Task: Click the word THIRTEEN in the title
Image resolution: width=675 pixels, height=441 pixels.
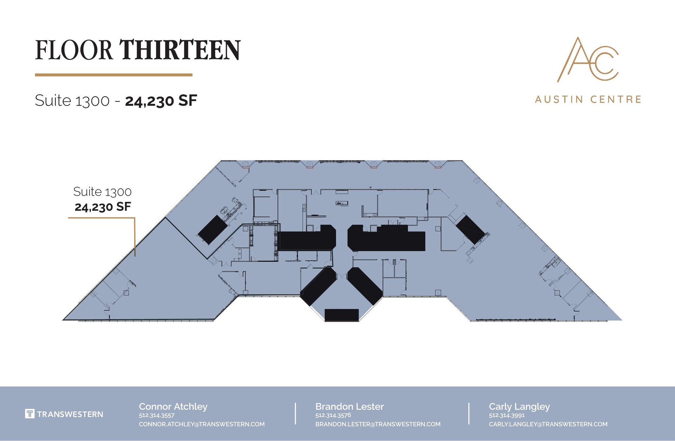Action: click(x=180, y=50)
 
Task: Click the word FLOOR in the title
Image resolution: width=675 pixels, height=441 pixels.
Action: click(x=74, y=50)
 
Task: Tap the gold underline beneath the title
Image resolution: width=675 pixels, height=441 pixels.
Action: click(x=113, y=75)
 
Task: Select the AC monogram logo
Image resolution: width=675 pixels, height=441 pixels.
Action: click(x=588, y=60)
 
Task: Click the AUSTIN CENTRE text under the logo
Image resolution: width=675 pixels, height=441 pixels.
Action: click(x=588, y=99)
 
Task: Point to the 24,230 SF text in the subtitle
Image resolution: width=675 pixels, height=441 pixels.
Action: click(x=161, y=101)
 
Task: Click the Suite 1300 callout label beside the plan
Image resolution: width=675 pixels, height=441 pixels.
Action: click(x=103, y=192)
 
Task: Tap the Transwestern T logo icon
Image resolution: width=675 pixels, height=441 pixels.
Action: click(x=30, y=414)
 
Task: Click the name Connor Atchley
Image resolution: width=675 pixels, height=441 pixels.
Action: click(x=173, y=406)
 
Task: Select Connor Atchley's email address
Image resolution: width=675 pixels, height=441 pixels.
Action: click(x=201, y=424)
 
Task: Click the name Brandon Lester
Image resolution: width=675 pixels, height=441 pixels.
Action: click(x=349, y=406)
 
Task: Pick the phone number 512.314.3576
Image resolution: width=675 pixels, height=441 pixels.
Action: click(x=333, y=415)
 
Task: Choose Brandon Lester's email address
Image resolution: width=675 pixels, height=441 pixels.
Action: click(x=378, y=424)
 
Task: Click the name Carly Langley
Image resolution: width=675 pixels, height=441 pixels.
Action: click(x=519, y=406)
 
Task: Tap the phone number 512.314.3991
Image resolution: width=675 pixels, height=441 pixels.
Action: click(x=507, y=415)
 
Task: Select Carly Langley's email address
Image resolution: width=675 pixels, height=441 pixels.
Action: click(x=548, y=424)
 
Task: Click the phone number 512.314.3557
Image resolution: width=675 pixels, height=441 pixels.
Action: click(x=157, y=415)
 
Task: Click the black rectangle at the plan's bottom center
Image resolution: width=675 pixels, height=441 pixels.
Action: click(x=341, y=315)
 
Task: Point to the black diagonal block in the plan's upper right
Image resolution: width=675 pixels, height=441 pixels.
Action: click(x=470, y=230)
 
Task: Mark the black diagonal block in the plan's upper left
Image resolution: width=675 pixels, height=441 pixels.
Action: click(x=213, y=230)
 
